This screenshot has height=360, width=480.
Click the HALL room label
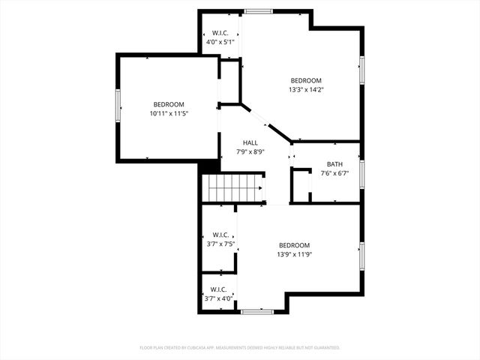250,142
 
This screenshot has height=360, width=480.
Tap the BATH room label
334,164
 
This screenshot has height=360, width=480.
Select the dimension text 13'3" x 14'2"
306,90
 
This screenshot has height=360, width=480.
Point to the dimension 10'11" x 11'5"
169,114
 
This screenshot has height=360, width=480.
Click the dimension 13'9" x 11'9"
295,254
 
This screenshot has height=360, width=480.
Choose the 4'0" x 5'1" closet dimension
220,42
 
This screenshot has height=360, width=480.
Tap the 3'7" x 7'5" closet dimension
220,244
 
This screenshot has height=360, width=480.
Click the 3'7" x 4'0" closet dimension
219,298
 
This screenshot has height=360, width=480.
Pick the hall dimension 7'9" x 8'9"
250,151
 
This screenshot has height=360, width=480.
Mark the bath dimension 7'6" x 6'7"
334,173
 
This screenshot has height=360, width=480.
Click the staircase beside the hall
235,187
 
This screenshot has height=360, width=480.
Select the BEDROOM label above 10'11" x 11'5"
169,105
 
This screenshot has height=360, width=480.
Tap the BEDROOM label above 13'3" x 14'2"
306,81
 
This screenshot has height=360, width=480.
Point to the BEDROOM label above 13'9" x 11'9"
295,245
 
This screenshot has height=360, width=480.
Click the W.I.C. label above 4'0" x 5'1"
220,33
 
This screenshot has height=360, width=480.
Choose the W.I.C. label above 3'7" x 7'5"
220,235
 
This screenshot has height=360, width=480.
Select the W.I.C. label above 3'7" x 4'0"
219,289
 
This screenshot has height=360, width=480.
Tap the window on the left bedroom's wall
117,105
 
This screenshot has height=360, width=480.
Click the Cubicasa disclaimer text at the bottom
240,348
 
